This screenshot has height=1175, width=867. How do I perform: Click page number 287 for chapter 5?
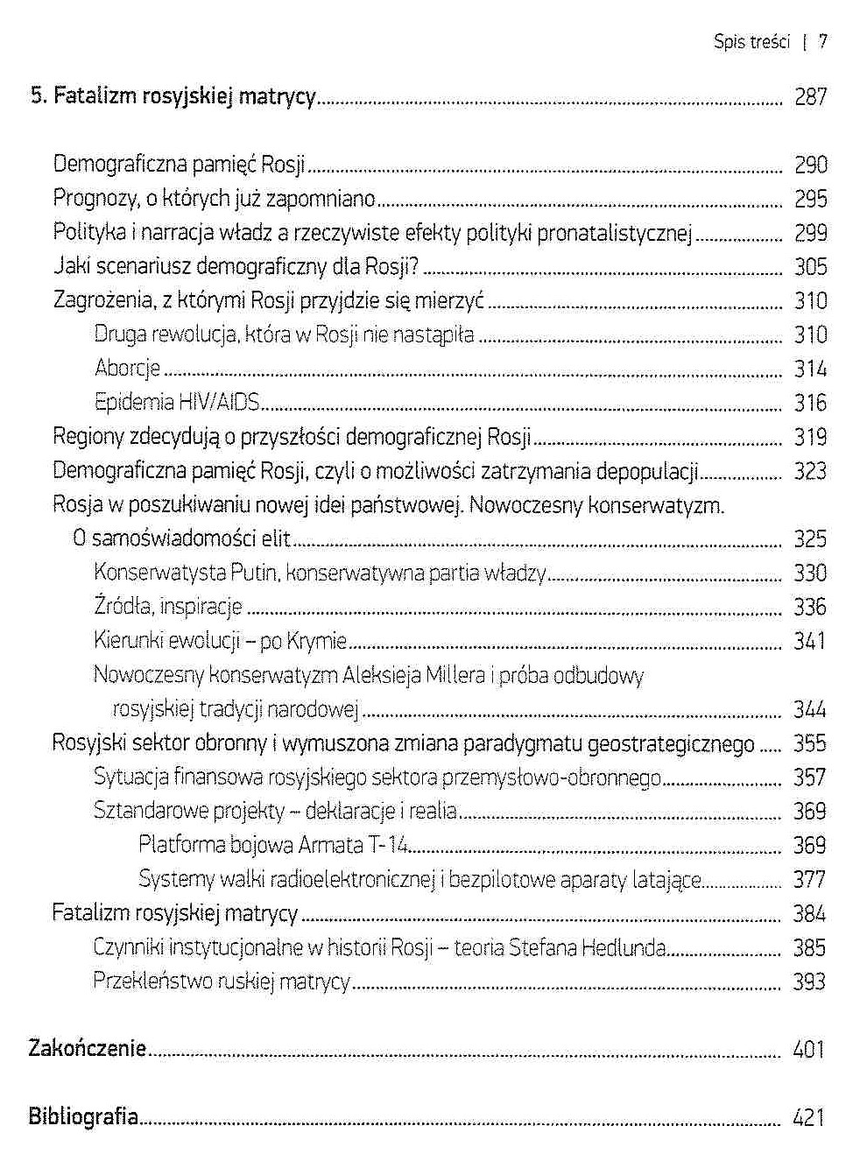click(810, 96)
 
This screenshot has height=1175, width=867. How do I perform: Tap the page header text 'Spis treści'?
click(751, 41)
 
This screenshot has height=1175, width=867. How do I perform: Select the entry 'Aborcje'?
click(127, 369)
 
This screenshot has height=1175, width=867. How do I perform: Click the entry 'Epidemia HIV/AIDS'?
click(178, 402)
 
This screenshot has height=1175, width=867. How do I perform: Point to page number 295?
click(810, 199)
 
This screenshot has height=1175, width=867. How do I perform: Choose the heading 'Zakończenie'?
click(88, 1048)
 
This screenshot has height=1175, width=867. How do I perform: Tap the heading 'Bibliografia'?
click(84, 1116)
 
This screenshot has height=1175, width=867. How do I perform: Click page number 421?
click(808, 1117)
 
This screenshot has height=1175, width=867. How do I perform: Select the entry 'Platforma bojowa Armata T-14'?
click(273, 846)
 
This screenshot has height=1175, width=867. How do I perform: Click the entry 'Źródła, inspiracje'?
click(167, 607)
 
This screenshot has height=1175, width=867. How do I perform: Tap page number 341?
click(809, 641)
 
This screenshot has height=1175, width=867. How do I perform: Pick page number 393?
click(809, 982)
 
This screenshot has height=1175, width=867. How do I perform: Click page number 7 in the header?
click(822, 41)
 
